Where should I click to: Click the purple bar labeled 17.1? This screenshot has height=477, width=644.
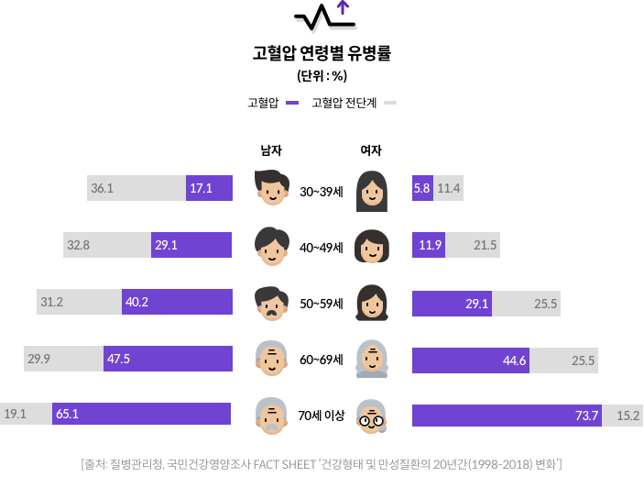[209, 188]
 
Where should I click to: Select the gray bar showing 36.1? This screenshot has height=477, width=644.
[136, 188]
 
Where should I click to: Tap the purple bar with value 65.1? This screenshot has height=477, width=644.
[141, 414]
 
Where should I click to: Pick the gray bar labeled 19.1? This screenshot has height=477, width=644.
[26, 414]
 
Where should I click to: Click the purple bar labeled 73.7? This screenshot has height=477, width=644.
[507, 416]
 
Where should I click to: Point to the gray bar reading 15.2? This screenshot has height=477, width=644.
[622, 416]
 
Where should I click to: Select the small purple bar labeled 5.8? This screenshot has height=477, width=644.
[422, 188]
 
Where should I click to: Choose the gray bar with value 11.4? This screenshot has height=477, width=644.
[448, 188]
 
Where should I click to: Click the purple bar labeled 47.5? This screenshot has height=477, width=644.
[168, 359]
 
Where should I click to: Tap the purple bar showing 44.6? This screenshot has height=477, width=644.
[470, 361]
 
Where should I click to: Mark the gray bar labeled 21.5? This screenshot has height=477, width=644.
[473, 245]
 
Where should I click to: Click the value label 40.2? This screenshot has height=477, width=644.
[136, 302]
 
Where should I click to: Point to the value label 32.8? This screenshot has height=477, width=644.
[77, 245]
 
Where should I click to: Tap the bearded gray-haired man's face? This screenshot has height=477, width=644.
[271, 416]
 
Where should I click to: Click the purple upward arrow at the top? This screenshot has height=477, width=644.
[343, 7]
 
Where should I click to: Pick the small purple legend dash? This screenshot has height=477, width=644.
[292, 103]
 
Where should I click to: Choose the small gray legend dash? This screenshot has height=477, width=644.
[390, 103]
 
